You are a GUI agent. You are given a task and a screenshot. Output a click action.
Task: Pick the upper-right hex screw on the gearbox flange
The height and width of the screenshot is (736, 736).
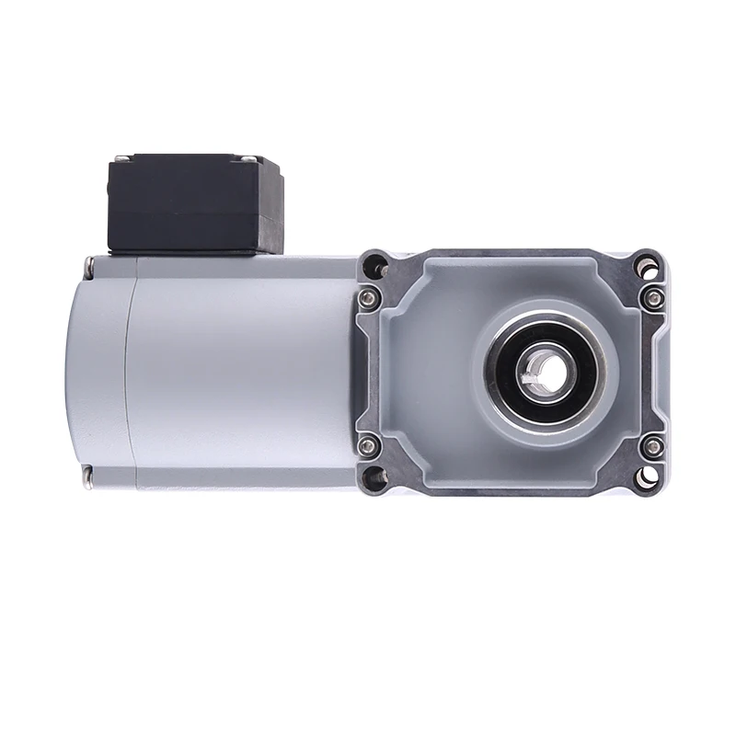pos(651,296)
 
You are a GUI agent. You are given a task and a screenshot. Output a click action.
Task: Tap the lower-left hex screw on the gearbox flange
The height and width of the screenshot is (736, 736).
pos(368,446)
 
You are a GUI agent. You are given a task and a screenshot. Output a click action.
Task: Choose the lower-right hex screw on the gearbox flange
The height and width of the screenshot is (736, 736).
pos(651,446)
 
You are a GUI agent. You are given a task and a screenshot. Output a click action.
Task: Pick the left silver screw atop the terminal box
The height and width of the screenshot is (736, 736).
pos(126,158)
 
